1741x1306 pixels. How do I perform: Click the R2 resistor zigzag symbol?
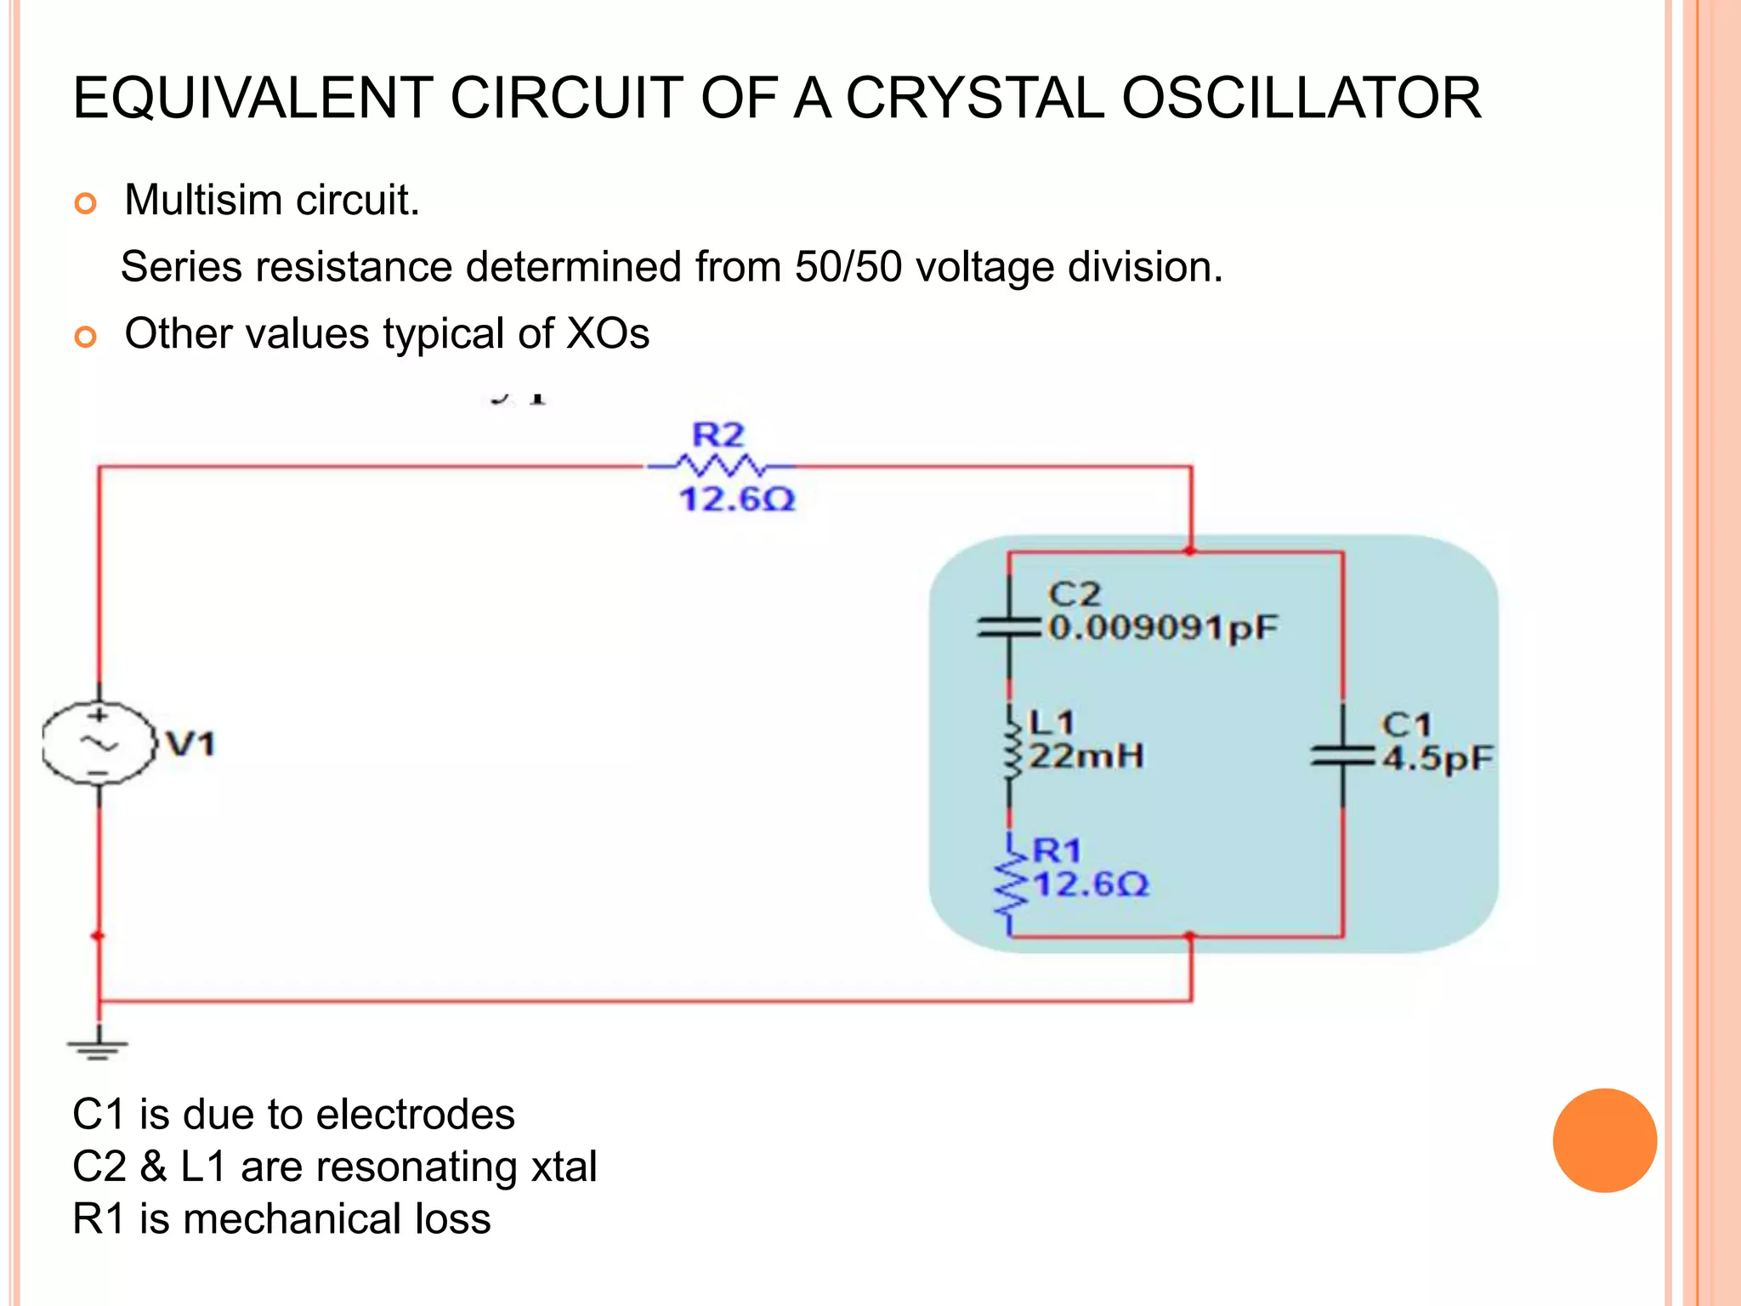719,466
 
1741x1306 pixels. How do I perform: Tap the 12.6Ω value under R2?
737,499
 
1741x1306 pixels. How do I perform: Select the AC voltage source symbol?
99,743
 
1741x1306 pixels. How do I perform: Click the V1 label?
190,744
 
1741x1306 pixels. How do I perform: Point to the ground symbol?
99,1048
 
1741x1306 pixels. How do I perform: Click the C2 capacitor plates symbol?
1009,627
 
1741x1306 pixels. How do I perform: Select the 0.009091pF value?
1163,627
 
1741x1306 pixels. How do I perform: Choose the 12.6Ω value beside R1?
1091,885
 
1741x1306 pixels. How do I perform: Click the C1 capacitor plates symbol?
1342,754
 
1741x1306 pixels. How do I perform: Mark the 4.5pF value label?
1438,758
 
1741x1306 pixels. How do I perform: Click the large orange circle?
1604,1140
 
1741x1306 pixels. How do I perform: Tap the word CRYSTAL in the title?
974,98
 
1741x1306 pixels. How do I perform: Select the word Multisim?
203,201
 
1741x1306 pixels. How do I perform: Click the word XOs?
607,333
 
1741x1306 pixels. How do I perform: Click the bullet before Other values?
86,337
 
